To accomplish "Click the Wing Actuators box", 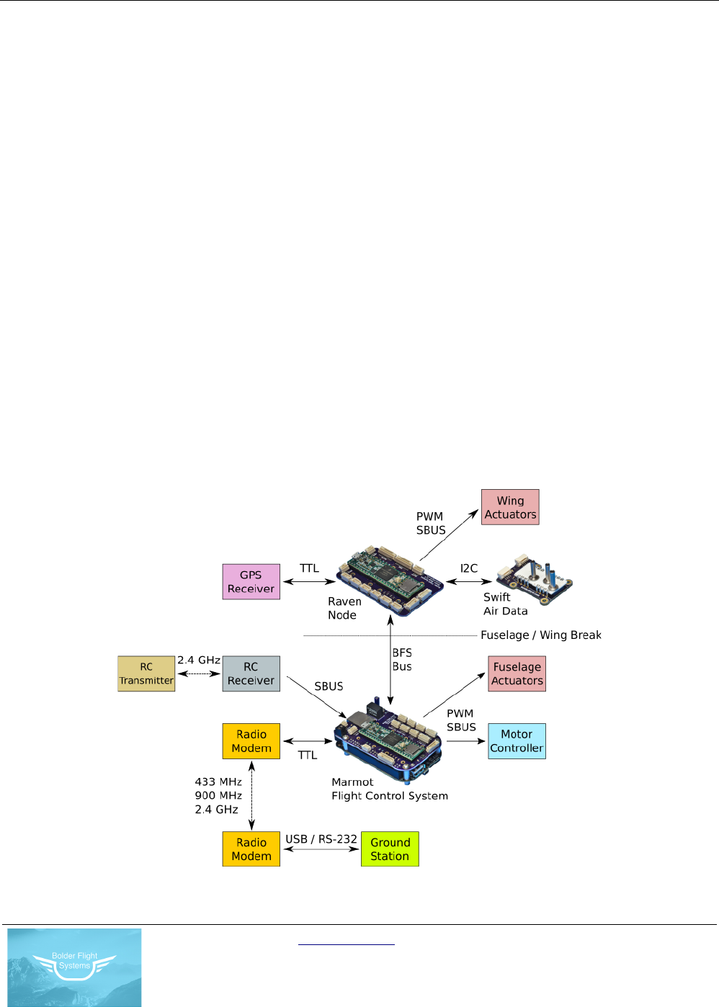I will click(510, 507).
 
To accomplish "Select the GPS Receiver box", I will click(251, 581).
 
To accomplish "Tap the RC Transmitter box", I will click(146, 673).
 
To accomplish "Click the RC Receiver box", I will click(251, 673).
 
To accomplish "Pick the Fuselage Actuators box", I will click(517, 673).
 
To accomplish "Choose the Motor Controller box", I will click(517, 741).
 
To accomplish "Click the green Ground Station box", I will click(390, 849).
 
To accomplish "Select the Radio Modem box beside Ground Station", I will click(251, 849).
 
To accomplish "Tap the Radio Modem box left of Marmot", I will click(251, 741).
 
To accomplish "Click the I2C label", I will click(469, 568).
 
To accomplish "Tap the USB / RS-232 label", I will click(321, 839).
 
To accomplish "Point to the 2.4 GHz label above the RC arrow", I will click(199, 660).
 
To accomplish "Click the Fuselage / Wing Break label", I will click(541, 635).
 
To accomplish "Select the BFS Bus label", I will click(402, 660).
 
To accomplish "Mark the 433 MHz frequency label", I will click(218, 782).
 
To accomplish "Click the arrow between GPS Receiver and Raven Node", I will click(309, 581).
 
